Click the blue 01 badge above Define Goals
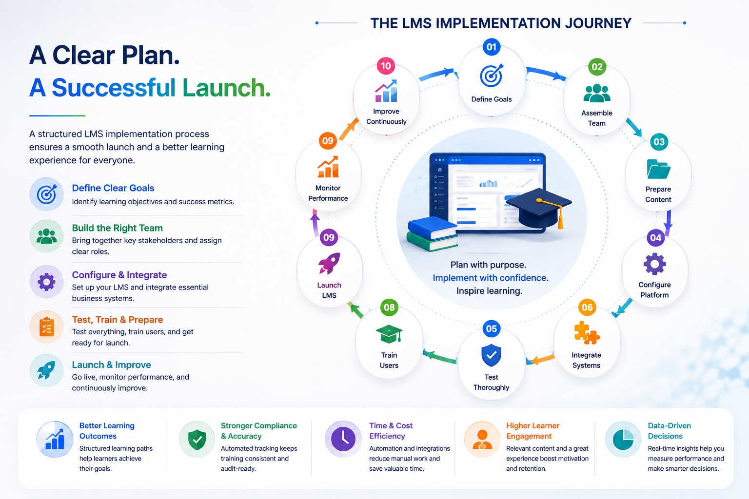491,47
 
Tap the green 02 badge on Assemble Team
597,67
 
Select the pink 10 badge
386,66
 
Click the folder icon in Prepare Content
658,169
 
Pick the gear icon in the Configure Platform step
655,264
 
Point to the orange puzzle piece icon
587,332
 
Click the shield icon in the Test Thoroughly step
491,355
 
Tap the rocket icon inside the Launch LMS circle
329,263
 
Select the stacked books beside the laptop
432,233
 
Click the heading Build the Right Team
118,228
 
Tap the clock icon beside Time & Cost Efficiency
343,439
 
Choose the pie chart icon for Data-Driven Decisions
623,439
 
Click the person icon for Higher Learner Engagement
482,439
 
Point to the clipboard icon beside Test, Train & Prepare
46,326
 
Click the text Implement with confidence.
491,278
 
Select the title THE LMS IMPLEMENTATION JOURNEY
501,23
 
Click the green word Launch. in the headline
226,88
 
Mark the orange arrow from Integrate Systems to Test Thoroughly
540,360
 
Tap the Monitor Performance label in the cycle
328,193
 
